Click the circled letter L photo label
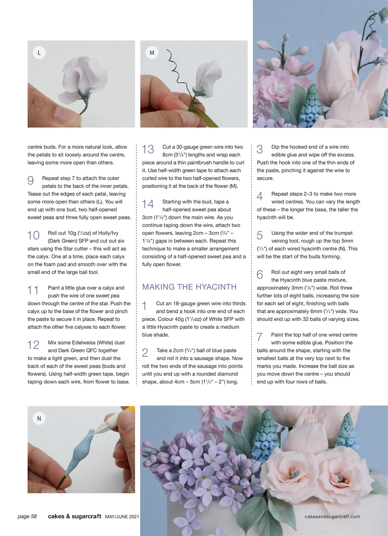coord(39,53)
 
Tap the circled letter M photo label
coord(152,53)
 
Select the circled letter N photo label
coord(39,418)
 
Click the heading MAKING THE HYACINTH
coord(189,287)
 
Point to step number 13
coord(148,149)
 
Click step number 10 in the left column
coord(33,235)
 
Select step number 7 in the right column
coord(260,337)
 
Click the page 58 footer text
coord(27,516)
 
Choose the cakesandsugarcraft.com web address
coord(332,516)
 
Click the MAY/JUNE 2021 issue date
coord(122,517)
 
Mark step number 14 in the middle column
coord(148,204)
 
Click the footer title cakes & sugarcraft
coord(75,516)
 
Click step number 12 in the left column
coord(33,345)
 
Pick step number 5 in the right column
coord(260,235)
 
